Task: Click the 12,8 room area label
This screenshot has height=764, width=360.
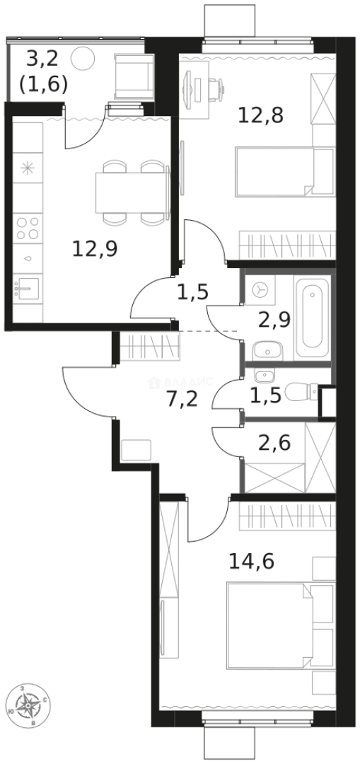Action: click(x=260, y=114)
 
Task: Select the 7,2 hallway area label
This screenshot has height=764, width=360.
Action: click(x=182, y=398)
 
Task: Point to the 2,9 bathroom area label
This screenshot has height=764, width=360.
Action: click(x=273, y=320)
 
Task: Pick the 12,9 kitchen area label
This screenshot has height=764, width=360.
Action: click(x=95, y=248)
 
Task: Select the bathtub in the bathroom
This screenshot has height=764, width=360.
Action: click(x=311, y=318)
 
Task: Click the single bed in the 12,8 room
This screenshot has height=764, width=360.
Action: click(x=283, y=172)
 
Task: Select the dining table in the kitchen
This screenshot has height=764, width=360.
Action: click(x=132, y=192)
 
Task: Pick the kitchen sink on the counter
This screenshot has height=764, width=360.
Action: click(x=28, y=289)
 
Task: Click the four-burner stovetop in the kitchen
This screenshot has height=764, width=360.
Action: click(x=28, y=227)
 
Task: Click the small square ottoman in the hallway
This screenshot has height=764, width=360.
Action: click(x=136, y=450)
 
